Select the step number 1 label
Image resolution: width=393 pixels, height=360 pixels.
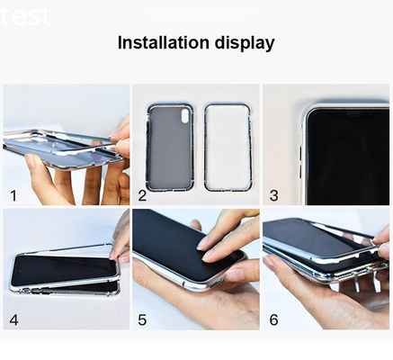[x=13, y=194]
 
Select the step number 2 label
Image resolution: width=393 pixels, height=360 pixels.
[x=142, y=194]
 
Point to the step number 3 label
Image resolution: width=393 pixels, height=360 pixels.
[x=273, y=194]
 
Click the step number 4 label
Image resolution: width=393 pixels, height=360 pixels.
[x=13, y=319]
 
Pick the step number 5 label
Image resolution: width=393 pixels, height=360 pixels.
[x=143, y=319]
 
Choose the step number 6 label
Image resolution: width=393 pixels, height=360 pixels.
[x=273, y=319]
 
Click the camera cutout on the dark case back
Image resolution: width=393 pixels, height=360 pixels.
[x=185, y=115]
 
